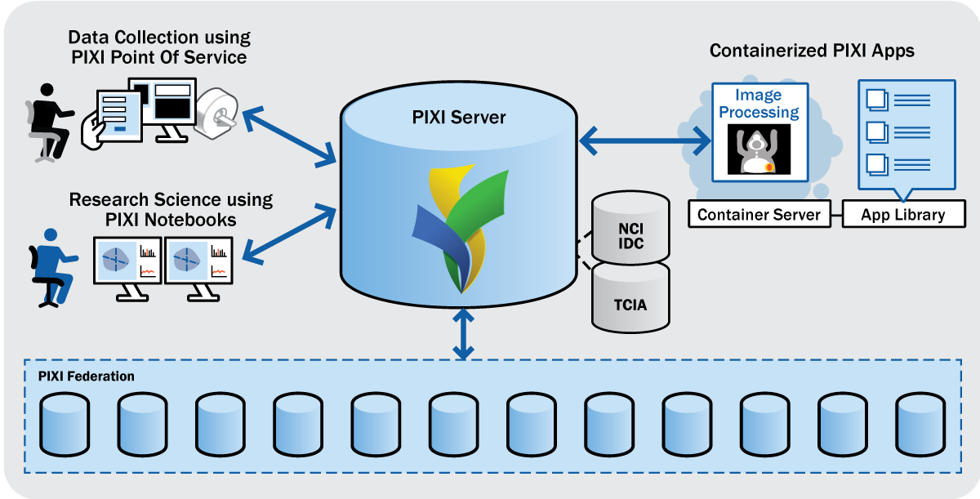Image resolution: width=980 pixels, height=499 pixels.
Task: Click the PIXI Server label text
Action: click(459, 118)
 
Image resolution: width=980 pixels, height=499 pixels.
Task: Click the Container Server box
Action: click(759, 215)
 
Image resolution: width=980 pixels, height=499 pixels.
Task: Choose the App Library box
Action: click(902, 215)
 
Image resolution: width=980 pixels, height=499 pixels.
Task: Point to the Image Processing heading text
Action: click(759, 104)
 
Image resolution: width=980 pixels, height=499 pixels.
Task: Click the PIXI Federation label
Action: click(87, 376)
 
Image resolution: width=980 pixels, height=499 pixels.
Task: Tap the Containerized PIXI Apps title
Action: click(812, 51)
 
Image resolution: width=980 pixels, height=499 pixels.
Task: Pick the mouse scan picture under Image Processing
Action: click(759, 149)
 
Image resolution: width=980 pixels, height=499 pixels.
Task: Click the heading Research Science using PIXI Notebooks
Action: click(171, 209)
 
